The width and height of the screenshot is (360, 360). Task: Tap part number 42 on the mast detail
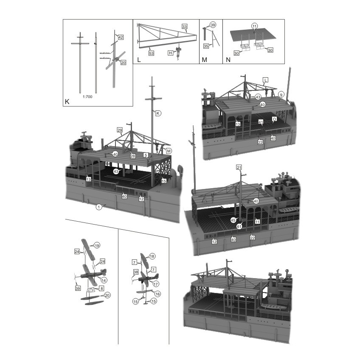click(x=121, y=37)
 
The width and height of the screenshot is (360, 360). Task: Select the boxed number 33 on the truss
click(x=184, y=26)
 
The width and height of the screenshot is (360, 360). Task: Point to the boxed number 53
click(x=152, y=53)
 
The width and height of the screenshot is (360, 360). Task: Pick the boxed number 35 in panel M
click(x=206, y=45)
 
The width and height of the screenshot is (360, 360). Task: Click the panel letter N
click(x=228, y=60)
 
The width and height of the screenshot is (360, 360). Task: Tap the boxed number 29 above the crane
click(x=120, y=129)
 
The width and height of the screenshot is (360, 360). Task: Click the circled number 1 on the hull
click(x=98, y=207)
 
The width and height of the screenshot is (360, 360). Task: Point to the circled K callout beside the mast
click(x=157, y=113)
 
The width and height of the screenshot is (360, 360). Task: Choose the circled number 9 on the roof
click(x=281, y=94)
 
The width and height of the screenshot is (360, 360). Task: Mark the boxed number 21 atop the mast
click(x=239, y=168)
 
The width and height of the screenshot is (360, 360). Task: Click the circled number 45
click(x=233, y=220)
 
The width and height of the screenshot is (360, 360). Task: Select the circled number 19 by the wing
click(x=97, y=245)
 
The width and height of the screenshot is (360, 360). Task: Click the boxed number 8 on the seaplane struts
click(x=102, y=288)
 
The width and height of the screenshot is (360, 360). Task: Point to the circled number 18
click(x=152, y=256)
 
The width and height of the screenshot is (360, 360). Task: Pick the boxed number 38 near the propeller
click(x=136, y=272)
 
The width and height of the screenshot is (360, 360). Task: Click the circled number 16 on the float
click(x=157, y=294)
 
